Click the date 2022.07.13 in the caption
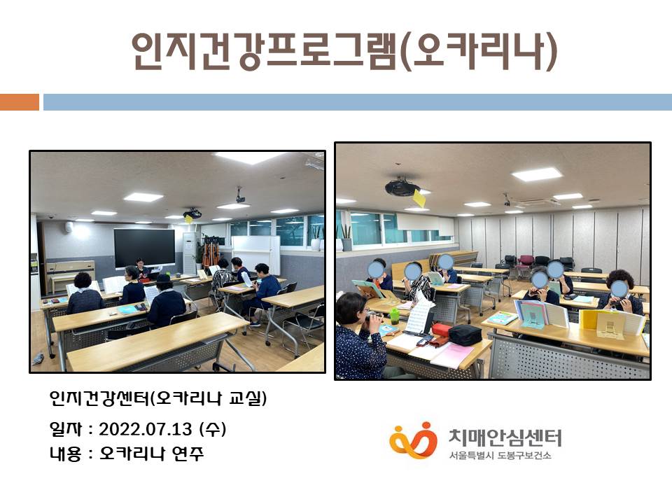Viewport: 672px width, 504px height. point(146,429)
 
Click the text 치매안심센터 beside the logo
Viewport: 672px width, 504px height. point(505,438)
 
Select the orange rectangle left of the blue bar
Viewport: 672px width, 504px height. point(20,102)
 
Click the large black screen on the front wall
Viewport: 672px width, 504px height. point(144,247)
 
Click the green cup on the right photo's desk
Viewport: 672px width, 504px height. point(394,316)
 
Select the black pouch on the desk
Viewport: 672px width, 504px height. point(465,335)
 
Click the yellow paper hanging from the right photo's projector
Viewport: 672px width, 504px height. point(419,198)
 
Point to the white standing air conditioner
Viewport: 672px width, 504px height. point(190,253)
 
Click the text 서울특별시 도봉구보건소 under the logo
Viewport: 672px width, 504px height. point(500,455)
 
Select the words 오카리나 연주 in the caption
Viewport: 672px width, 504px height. point(151,454)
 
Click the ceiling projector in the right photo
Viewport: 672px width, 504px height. point(401,186)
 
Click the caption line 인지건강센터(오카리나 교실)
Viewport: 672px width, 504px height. point(157,398)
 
